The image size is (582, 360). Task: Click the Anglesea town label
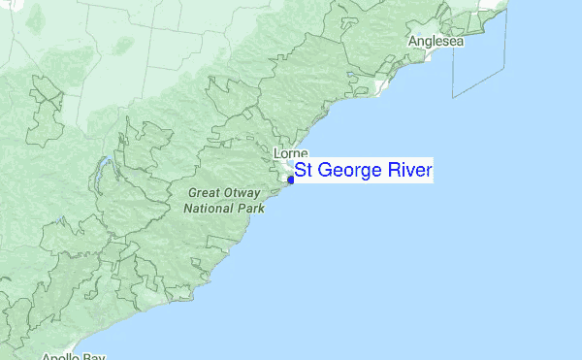point(436,42)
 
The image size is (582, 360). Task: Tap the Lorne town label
point(291,154)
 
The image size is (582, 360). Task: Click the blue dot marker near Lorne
point(291,180)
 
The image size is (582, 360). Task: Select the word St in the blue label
point(303,172)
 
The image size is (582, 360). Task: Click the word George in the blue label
point(349,172)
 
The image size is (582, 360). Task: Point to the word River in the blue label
point(408,172)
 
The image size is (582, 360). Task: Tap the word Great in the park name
point(203,192)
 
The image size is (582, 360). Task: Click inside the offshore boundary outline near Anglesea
point(480,58)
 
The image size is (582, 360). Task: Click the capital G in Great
point(190,192)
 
